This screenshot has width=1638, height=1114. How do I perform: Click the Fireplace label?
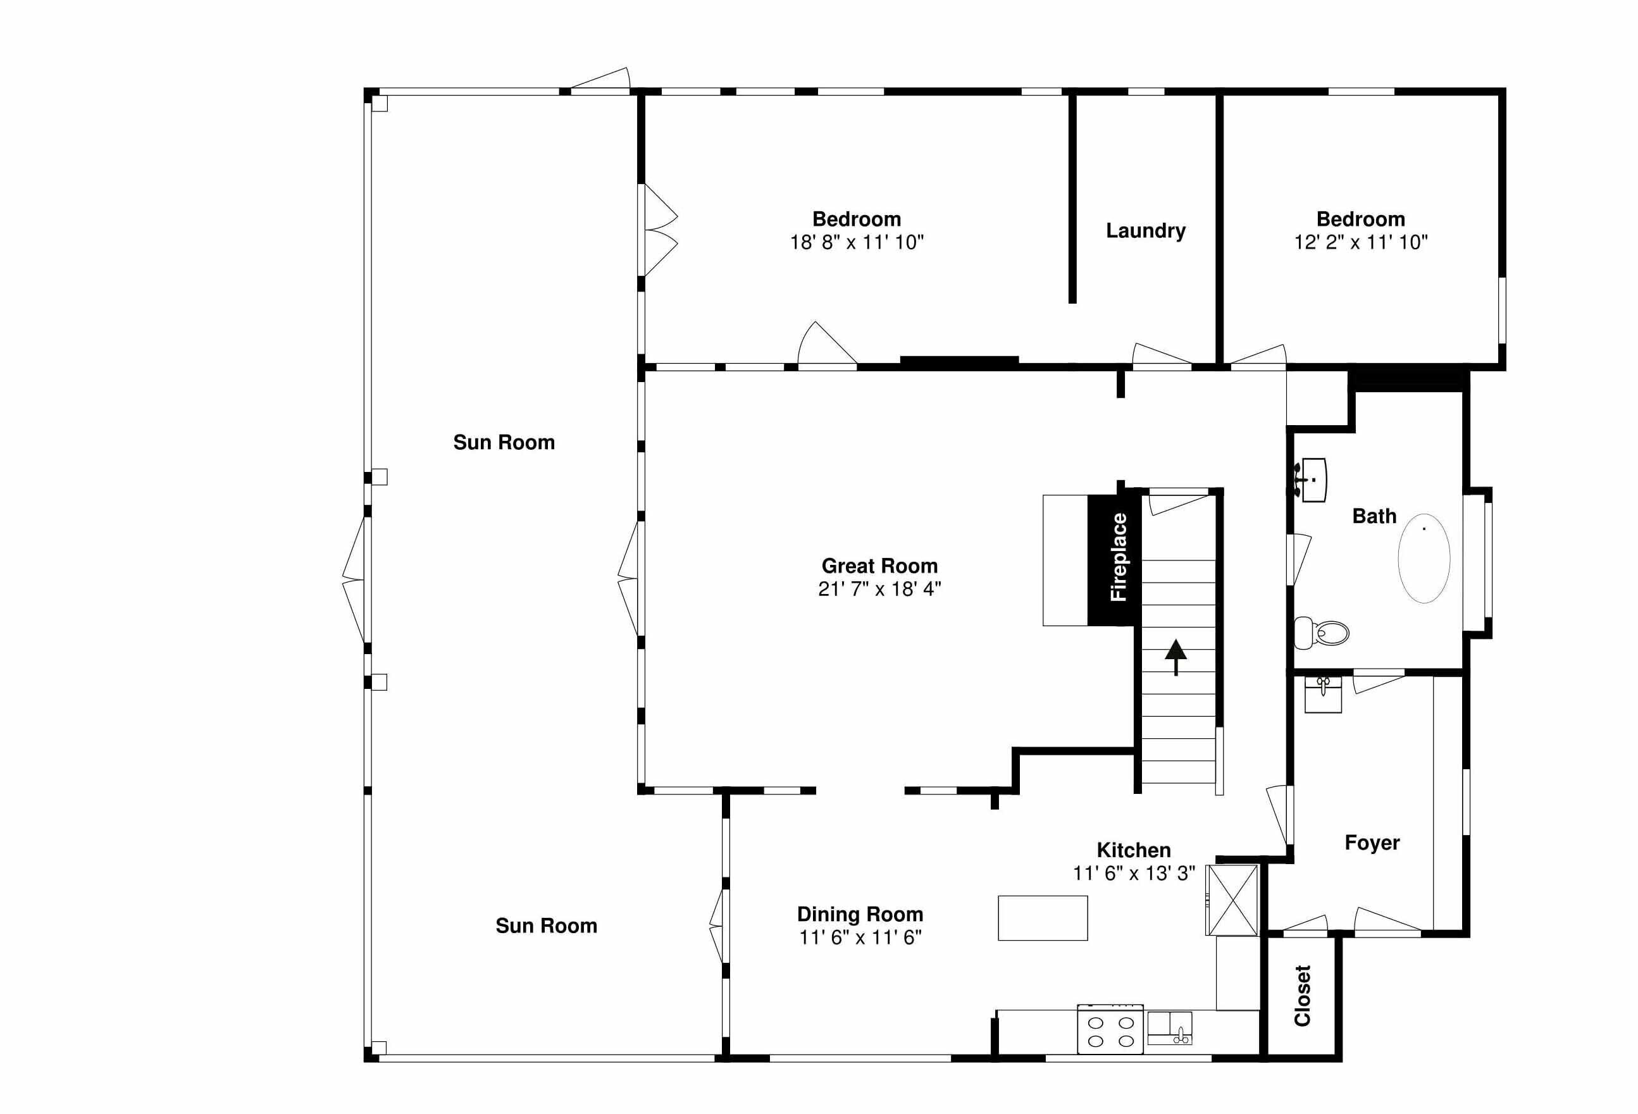point(1119,557)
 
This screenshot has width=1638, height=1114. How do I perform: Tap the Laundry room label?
point(1145,230)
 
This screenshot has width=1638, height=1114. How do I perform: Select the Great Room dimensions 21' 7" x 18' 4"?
point(879,589)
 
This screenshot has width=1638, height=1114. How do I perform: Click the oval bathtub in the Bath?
point(1424,558)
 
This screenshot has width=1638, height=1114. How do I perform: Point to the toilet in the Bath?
point(1322,633)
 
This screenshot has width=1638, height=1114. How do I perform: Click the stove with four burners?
point(1110,1029)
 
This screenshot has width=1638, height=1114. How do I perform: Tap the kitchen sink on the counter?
point(1169,1028)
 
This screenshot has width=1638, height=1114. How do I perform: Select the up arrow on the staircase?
point(1176,657)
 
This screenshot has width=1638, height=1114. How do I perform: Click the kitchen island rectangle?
point(1043,918)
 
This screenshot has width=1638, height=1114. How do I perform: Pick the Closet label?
point(1303,996)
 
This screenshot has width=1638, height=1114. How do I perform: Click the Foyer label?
point(1372,843)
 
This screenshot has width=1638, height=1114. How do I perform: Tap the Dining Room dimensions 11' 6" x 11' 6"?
point(860,937)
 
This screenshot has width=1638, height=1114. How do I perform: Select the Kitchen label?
point(1134,850)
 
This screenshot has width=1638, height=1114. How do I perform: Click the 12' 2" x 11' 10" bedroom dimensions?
point(1361,242)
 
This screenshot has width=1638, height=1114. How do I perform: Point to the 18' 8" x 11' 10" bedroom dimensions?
point(857,242)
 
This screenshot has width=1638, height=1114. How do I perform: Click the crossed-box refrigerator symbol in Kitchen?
point(1232,900)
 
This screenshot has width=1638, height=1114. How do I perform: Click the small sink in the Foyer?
point(1323,695)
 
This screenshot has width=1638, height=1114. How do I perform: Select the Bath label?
point(1374,516)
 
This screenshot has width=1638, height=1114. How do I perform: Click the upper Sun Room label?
point(504,442)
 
